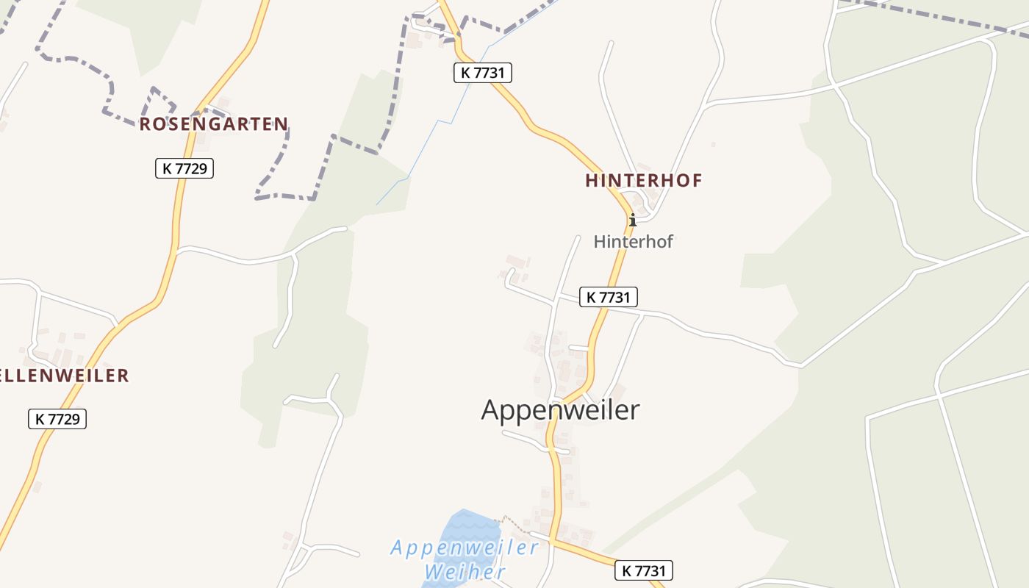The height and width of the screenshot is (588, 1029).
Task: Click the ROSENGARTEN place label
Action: tap(213, 123)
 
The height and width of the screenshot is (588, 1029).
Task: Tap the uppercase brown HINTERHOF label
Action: tap(644, 180)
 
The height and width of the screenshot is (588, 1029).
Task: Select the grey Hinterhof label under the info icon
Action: tap(633, 241)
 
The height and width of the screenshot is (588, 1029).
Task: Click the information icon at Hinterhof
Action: tap(632, 219)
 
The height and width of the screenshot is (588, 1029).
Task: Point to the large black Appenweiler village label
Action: tap(560, 409)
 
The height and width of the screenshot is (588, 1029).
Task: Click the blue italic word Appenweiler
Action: tap(465, 548)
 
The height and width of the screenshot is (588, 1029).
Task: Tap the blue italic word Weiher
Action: tap(465, 572)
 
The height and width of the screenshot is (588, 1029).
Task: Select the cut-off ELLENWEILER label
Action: tap(65, 376)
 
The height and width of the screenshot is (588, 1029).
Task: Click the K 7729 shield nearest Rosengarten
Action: tap(184, 168)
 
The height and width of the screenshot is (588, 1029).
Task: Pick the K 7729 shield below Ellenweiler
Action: tap(57, 419)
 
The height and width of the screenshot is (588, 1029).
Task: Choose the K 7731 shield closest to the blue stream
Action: tap(482, 73)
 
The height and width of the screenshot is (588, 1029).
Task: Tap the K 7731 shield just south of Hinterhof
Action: tap(609, 297)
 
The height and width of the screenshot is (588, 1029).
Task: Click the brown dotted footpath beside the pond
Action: tap(514, 524)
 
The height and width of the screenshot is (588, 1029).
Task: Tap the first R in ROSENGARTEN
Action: tap(145, 123)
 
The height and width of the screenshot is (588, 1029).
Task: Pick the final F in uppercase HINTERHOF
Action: tap(697, 180)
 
